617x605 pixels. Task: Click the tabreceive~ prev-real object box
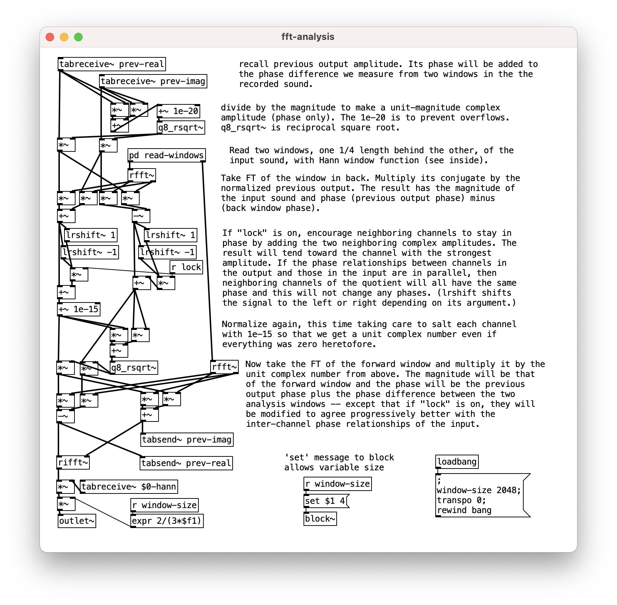[x=112, y=64]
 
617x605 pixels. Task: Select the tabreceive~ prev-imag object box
[x=153, y=81]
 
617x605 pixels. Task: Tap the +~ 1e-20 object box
[x=178, y=111]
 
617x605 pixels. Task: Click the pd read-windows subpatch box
[x=166, y=155]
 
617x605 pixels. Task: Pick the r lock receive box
[x=186, y=267]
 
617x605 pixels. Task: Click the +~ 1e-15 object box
[x=78, y=309]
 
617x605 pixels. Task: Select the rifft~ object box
[x=73, y=462]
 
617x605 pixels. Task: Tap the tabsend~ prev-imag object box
[x=187, y=440]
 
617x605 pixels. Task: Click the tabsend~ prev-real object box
[x=186, y=463]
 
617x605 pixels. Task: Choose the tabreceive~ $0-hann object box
[x=129, y=487]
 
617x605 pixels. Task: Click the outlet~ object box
[x=77, y=521]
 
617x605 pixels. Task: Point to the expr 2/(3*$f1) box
[x=167, y=521]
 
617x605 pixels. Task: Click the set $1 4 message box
[x=326, y=501]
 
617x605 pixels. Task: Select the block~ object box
[x=320, y=519]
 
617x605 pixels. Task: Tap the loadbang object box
[x=457, y=462]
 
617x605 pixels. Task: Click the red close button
[x=50, y=37]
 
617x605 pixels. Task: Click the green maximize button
[x=78, y=37]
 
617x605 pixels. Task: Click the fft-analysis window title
[x=308, y=37]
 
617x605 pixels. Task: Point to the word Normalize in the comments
[x=244, y=324]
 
